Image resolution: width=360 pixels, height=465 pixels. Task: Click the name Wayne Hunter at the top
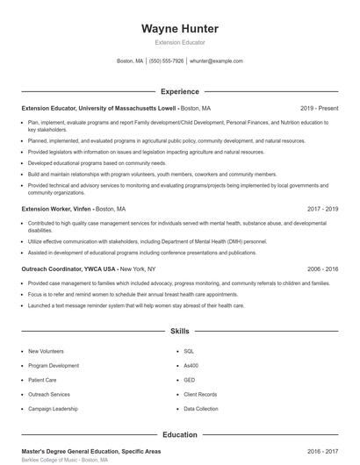(x=180, y=29)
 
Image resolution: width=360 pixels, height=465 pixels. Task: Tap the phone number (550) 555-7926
(x=167, y=61)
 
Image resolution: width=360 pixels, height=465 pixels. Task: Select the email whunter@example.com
(x=216, y=61)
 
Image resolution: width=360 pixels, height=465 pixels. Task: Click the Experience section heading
(x=180, y=91)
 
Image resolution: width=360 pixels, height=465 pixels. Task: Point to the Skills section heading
(x=180, y=332)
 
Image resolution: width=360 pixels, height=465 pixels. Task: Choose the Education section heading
(x=180, y=434)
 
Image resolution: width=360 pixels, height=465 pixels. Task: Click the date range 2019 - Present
(x=319, y=109)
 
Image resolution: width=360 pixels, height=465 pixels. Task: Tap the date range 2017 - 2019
(x=322, y=210)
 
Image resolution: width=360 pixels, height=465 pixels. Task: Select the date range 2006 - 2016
(x=322, y=269)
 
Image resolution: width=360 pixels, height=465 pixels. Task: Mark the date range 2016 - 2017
(x=322, y=450)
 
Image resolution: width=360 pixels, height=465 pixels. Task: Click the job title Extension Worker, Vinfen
(x=56, y=210)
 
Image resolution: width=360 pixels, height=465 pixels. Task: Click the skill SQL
(x=189, y=351)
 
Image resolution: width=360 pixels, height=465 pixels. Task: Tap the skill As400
(x=191, y=365)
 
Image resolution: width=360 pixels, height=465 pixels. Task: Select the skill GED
(x=189, y=380)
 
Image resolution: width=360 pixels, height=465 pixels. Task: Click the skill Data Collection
(x=201, y=409)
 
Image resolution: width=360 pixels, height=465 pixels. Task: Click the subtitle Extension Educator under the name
(x=180, y=42)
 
